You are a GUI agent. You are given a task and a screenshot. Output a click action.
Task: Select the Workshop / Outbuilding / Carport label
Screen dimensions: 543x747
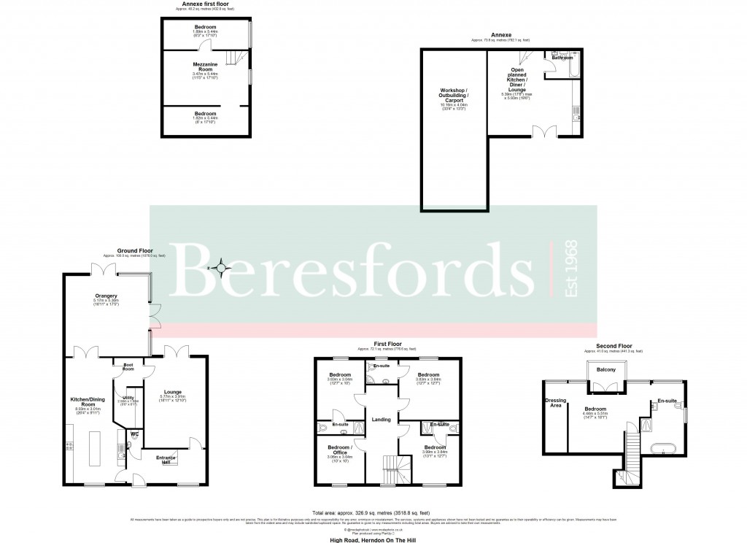(x=452, y=96)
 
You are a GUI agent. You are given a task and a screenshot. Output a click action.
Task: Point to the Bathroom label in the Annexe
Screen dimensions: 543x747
(x=562, y=57)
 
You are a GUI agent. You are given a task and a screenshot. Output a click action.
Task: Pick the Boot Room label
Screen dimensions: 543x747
(x=128, y=367)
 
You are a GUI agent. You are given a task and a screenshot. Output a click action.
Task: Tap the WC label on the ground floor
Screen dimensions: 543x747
(x=134, y=434)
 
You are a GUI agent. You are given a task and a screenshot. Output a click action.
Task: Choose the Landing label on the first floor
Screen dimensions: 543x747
(x=382, y=418)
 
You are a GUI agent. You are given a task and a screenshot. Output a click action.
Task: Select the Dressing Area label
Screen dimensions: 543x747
(x=555, y=402)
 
